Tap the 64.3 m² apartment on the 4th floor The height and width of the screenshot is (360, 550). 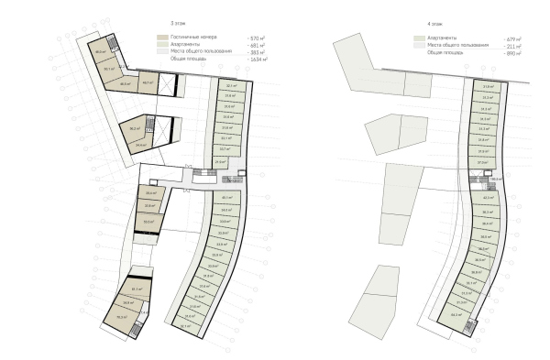tap(455, 314)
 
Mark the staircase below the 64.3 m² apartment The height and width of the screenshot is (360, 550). tap(469, 328)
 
